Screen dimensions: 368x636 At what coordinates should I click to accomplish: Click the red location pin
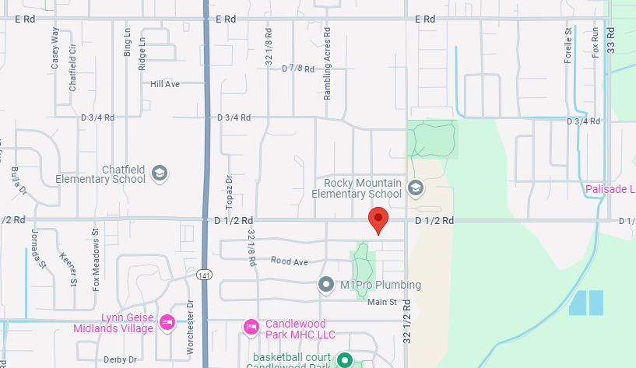pos(378,219)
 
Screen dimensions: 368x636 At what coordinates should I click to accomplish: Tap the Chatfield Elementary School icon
pos(160,173)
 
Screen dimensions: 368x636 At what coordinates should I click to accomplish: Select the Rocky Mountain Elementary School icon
pos(416,188)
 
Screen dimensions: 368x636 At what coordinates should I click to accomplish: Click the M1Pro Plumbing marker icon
pos(327,285)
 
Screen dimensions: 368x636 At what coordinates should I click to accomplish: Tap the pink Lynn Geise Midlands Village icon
pos(167,322)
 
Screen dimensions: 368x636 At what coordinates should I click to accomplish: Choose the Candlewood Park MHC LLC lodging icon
pos(251,326)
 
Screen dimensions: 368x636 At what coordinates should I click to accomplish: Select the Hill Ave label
pos(165,84)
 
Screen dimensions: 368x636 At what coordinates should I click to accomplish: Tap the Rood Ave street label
pos(290,261)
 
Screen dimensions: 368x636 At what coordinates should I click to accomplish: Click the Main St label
pos(382,302)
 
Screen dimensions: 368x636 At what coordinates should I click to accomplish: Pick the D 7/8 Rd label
pos(298,68)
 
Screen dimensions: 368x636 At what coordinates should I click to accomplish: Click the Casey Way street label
pos(55,48)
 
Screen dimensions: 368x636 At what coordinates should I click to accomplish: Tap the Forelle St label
pos(568,44)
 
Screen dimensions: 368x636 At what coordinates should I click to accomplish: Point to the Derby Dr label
pos(120,359)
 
